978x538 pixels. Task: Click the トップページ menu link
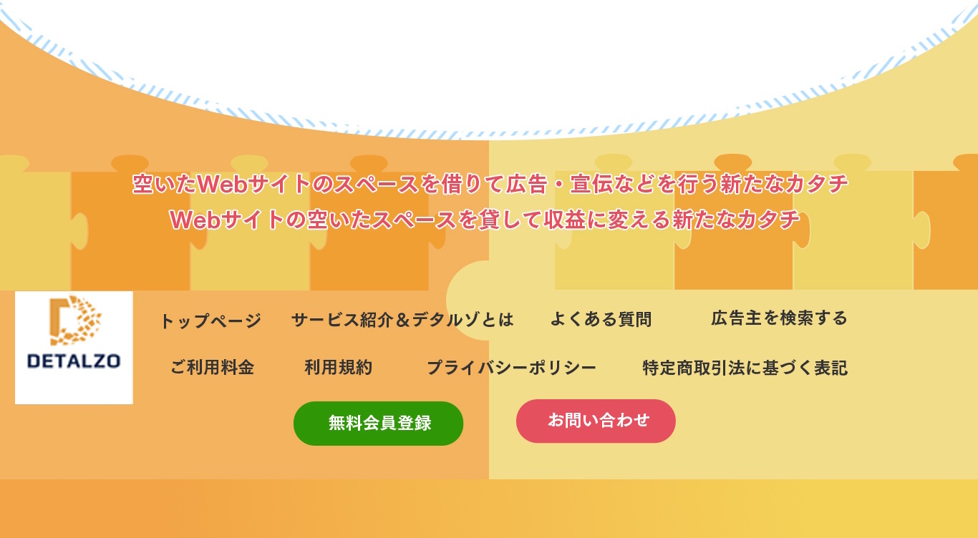[x=211, y=321]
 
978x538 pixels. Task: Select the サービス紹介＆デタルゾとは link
[x=402, y=320]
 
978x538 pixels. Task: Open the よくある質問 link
[x=601, y=319]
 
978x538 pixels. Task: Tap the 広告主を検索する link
[x=779, y=318]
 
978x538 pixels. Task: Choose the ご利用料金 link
[x=212, y=367]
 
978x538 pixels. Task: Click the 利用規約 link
[x=339, y=367]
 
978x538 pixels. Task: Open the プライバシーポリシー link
[x=511, y=368]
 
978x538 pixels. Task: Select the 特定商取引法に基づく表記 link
[x=745, y=368]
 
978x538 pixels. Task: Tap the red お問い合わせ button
[x=596, y=421]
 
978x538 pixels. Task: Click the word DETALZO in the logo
[x=74, y=361]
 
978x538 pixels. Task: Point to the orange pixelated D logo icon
[x=75, y=321]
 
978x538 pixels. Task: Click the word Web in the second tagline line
[x=195, y=220]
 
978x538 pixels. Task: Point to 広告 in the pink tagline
[x=526, y=183]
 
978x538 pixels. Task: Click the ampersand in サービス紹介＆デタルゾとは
[x=403, y=320]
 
